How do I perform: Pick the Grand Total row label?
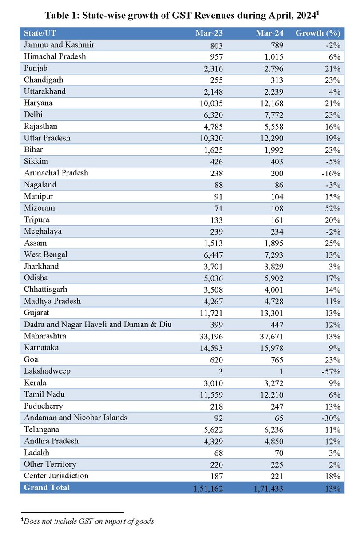47,487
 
